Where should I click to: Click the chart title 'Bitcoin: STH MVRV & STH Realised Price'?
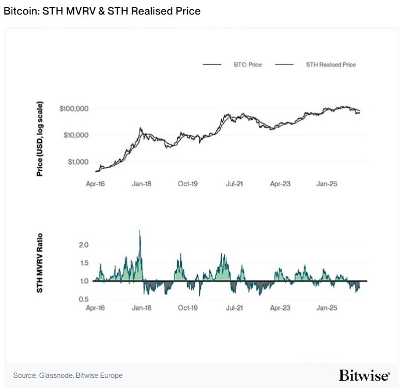point(102,11)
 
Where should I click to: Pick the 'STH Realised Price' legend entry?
point(330,65)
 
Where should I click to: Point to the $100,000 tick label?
point(73,109)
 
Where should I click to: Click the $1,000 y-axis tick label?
point(77,162)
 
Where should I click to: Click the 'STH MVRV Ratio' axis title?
point(40,264)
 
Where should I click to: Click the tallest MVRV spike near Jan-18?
point(140,232)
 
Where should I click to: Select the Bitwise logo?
point(364,374)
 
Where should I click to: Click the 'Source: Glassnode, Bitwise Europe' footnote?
point(68,375)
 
